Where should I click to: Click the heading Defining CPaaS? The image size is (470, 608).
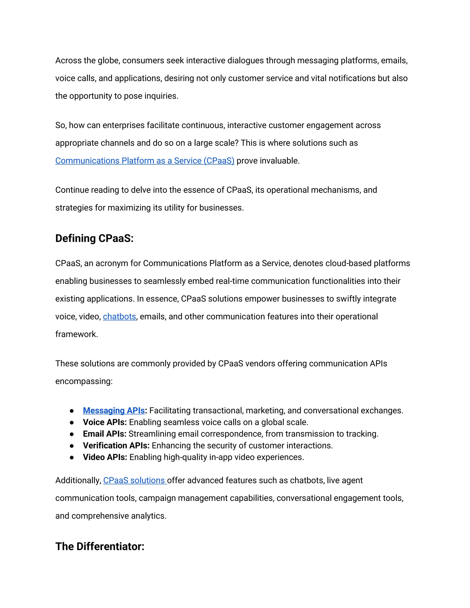94,239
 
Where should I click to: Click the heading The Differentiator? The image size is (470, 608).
100,547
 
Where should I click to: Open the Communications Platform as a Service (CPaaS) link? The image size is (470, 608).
145,161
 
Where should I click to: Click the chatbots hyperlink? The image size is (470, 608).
119,317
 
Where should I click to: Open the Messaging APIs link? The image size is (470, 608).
114,410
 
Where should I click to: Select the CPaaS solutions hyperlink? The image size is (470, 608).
135,480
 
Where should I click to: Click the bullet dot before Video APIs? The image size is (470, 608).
72,457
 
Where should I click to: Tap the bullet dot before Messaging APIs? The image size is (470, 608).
72,411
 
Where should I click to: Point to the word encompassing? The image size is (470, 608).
84,381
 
